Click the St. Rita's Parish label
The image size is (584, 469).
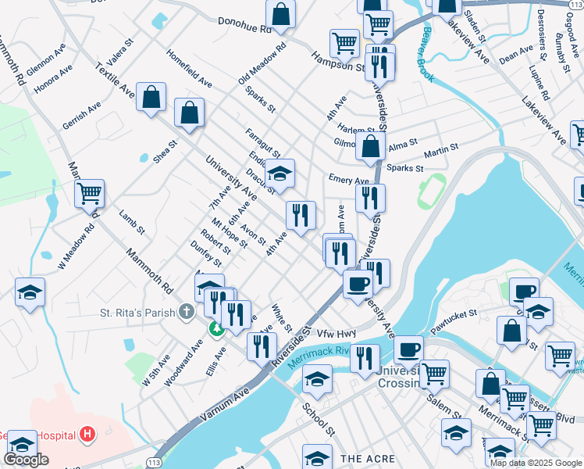[137, 313]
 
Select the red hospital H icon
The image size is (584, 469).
[87, 434]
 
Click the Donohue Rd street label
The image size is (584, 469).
[244, 26]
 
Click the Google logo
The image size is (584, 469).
[26, 460]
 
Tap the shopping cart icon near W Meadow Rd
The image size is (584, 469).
[90, 193]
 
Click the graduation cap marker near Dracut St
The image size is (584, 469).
[280, 174]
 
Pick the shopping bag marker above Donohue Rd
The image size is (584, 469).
[280, 14]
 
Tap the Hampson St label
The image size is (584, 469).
[338, 62]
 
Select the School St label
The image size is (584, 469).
[319, 421]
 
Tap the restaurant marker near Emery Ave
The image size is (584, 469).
[370, 199]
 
